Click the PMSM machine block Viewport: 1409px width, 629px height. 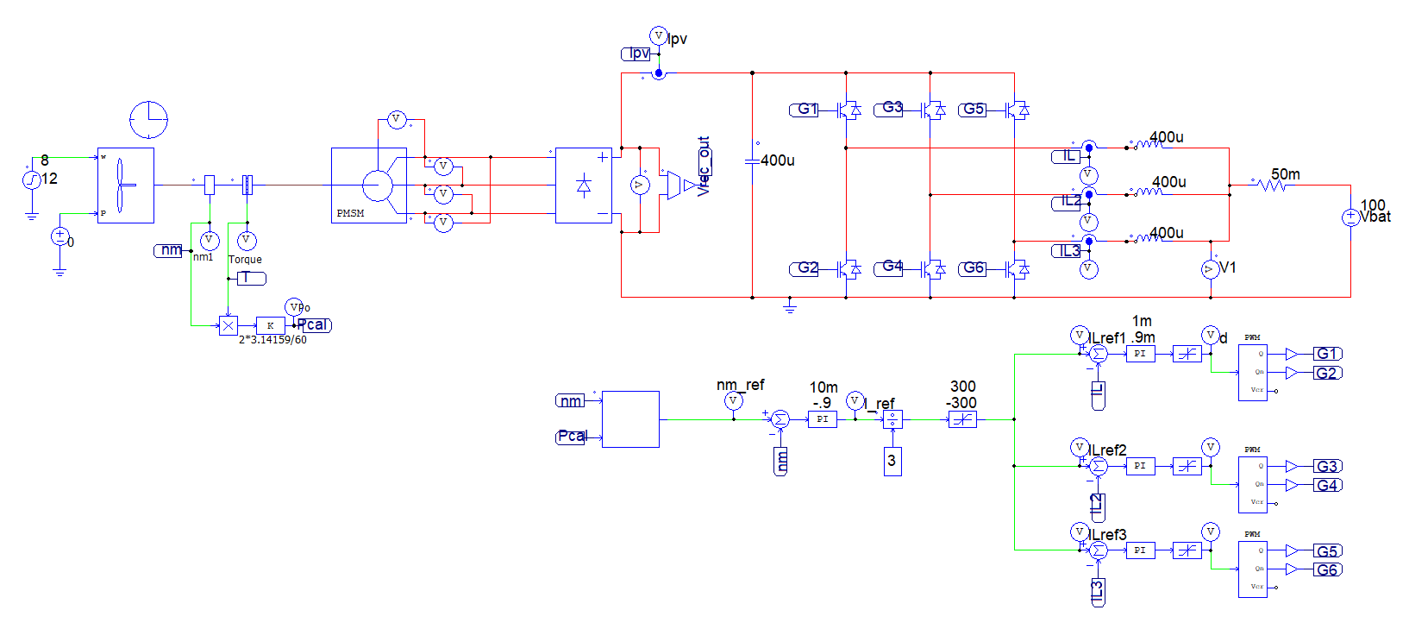(368, 186)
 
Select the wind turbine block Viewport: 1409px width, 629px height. (126, 186)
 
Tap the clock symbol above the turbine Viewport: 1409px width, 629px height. (148, 120)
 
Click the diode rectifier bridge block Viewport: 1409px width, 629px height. (584, 186)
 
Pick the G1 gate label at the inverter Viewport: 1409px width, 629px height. (805, 110)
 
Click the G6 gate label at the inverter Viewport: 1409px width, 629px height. (972, 268)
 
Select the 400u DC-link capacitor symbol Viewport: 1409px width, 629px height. (752, 160)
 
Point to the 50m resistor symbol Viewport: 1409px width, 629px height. (1272, 185)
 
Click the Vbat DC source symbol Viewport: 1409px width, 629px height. (1350, 218)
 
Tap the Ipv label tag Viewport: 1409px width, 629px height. (636, 53)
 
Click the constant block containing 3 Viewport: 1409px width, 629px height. (892, 461)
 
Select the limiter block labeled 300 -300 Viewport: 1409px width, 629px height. (962, 420)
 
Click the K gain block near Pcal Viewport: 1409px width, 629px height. (270, 325)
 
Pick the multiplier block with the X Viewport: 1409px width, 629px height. (228, 325)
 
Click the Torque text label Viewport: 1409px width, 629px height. (245, 259)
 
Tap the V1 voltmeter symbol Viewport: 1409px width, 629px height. (1210, 269)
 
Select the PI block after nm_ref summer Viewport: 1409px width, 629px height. (822, 419)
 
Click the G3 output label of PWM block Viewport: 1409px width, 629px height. (1326, 466)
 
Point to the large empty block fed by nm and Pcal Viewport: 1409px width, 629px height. (630, 419)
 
